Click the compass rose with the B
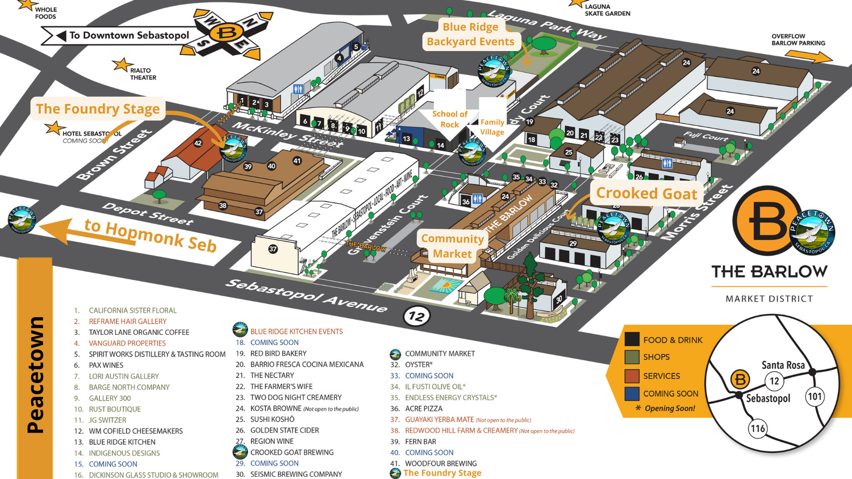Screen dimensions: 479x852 click(227, 33)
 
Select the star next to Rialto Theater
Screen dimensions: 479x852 click(121, 65)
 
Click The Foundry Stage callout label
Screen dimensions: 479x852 click(98, 109)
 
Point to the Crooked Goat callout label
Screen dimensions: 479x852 click(646, 194)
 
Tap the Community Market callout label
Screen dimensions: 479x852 click(452, 246)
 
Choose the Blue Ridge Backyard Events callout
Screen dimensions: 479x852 click(470, 34)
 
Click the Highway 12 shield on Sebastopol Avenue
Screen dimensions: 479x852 click(417, 316)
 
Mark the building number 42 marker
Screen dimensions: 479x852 click(198, 144)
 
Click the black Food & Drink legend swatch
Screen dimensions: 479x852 click(632, 339)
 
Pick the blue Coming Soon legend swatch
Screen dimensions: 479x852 click(632, 393)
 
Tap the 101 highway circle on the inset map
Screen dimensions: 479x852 click(815, 396)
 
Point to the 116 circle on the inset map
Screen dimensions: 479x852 click(758, 428)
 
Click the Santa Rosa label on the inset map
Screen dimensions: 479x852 click(783, 365)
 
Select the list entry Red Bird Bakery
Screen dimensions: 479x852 click(278, 354)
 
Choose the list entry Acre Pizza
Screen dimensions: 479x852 click(423, 409)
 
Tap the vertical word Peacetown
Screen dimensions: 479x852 click(35, 375)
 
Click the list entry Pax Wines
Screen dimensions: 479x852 click(106, 365)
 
